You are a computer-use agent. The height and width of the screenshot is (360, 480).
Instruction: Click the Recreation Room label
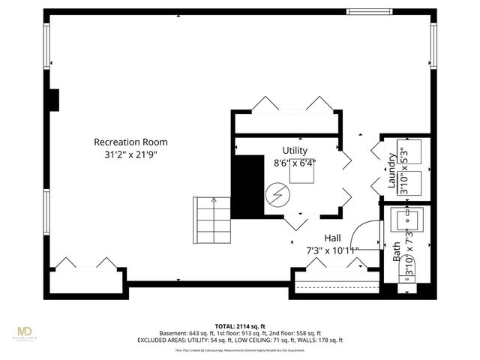(130, 142)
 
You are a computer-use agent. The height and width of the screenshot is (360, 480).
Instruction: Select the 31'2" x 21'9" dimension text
(130, 154)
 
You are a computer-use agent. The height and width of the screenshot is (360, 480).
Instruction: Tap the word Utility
(294, 150)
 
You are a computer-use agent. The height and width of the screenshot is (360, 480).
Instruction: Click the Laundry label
(391, 172)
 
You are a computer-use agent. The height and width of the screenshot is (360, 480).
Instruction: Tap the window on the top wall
(369, 11)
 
